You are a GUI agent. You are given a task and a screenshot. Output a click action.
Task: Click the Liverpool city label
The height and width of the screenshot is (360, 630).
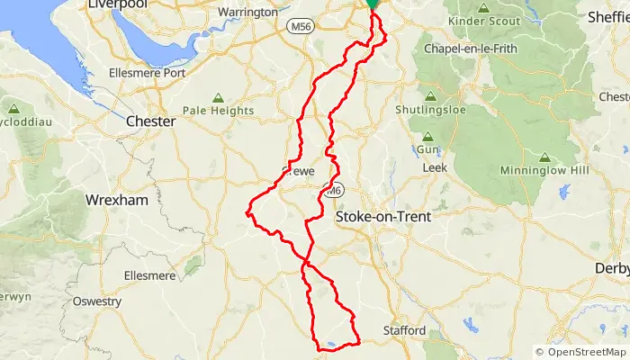(x=117, y=5)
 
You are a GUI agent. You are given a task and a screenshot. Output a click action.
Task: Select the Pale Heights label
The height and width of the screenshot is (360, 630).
(x=217, y=111)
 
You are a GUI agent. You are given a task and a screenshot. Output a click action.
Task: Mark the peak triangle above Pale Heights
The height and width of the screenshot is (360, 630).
(x=217, y=98)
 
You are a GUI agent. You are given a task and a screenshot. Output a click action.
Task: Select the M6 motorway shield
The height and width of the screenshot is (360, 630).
(x=333, y=192)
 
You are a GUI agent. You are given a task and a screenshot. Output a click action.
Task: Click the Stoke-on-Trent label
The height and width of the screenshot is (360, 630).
(x=382, y=217)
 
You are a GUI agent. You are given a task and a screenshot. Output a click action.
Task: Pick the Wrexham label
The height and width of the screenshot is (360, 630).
(x=115, y=200)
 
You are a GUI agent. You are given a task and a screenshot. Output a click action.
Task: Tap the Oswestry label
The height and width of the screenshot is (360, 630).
(x=96, y=301)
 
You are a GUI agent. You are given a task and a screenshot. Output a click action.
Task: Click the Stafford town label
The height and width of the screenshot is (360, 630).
(x=405, y=330)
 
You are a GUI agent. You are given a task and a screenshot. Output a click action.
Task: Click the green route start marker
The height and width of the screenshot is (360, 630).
(x=372, y=4)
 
